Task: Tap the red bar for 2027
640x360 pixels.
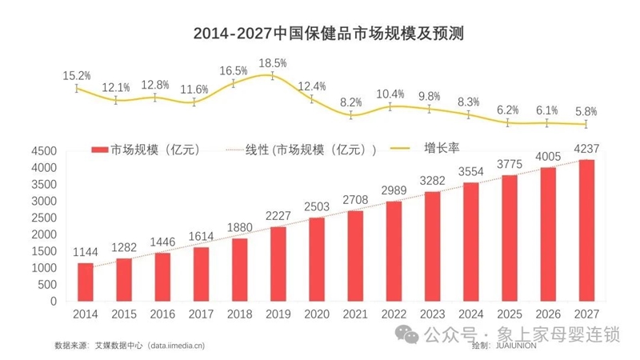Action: pos(586,231)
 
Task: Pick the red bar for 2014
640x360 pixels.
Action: pos(86,282)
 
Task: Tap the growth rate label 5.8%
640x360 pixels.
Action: pos(586,110)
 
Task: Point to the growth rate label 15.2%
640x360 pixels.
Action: pos(77,75)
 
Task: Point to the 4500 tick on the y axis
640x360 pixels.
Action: pos(43,151)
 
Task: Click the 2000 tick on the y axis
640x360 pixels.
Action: pos(43,234)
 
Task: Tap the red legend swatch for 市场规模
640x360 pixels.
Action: pos(99,150)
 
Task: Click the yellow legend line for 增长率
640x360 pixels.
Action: pos(402,148)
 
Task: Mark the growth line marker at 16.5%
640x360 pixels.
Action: pos(234,83)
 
